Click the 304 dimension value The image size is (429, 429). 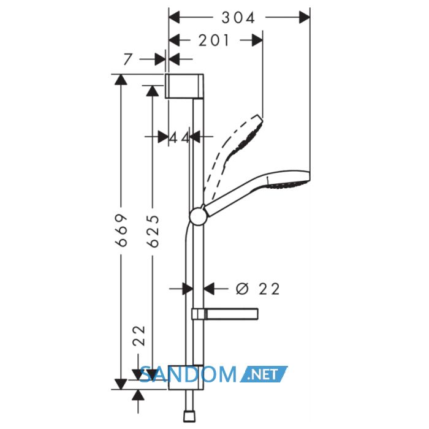238,18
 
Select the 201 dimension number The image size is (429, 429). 214,40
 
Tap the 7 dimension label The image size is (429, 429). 127,59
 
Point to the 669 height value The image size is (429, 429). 121,230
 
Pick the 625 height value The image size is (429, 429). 153,231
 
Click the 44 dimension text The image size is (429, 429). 179,137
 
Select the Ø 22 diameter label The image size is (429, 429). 258,289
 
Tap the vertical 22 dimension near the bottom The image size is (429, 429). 139,336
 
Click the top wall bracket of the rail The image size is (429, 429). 184,86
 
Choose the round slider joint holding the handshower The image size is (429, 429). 197,217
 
